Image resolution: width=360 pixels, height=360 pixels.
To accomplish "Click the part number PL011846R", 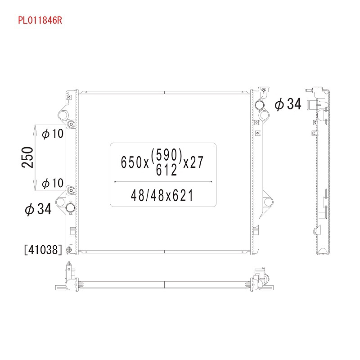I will coord(39,21).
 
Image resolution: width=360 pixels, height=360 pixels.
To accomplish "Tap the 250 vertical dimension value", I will coord(28,157).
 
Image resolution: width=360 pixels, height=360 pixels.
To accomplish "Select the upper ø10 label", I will coord(53,134).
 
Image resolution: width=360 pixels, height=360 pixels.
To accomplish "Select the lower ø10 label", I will coord(53,183).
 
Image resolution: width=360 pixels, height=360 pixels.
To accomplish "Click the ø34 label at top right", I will coord(288,104).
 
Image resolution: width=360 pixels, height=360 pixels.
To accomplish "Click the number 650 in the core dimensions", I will coord(131,162).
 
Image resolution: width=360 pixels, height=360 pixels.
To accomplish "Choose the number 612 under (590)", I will coord(166,170).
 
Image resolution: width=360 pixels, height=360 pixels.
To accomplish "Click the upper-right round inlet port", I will coord(261,105).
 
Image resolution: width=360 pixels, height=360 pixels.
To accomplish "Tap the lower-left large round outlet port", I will coord(71,208).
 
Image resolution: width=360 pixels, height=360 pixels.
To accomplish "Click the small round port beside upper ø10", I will coord(70,124).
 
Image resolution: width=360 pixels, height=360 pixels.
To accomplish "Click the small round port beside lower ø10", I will coord(70,191).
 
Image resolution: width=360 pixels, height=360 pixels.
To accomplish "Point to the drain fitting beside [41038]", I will coord(68,250).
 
